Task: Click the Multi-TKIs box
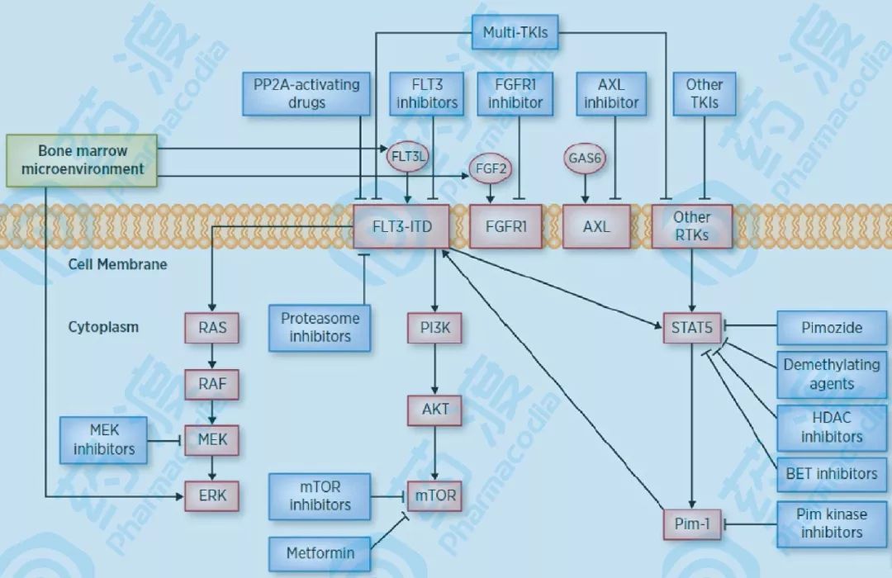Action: (515, 33)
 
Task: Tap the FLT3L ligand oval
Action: (406, 154)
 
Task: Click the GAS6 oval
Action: (586, 157)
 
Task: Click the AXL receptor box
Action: (595, 225)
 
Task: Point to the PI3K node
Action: (434, 328)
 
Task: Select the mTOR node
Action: (434, 496)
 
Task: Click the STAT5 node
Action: (692, 327)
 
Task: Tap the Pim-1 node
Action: (692, 524)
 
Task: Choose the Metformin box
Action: (320, 552)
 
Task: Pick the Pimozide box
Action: (832, 327)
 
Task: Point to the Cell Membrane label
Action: (117, 264)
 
